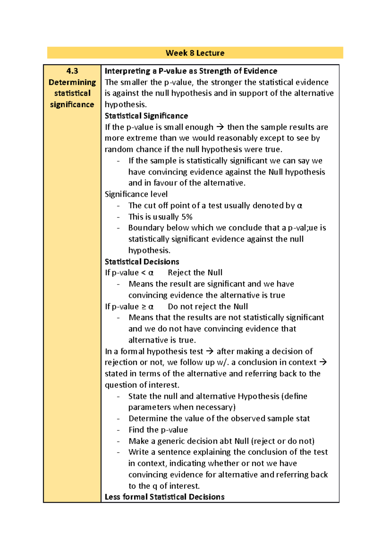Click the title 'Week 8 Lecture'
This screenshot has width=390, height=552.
195,53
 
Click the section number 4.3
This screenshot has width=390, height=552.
72,71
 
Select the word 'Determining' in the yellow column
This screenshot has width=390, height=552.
72,82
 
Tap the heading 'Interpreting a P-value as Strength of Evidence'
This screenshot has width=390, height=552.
191,71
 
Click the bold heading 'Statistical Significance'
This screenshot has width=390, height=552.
146,116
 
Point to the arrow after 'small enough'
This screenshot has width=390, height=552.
220,127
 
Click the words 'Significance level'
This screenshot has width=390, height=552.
136,194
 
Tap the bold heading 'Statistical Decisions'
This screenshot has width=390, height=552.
142,262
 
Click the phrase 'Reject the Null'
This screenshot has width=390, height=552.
195,273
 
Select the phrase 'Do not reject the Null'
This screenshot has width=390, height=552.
208,307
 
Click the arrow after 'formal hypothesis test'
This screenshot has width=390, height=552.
210,351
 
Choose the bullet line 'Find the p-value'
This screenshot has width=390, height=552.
158,430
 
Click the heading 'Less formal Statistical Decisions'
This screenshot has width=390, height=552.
164,497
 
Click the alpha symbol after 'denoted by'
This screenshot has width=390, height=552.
300,206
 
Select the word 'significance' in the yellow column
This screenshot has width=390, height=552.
72,105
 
